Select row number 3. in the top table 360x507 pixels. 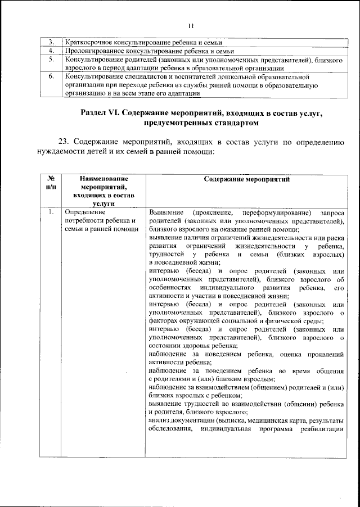51,43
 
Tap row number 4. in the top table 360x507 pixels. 51,51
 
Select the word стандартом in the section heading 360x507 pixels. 232,123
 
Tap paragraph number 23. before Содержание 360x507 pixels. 65,143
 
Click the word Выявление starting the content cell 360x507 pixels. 166,212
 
